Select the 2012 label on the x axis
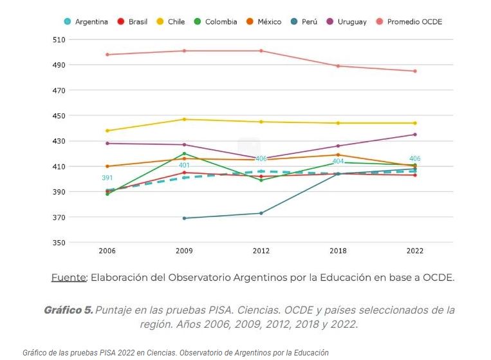[261, 251]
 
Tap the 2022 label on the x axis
[414, 251]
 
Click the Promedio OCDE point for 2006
[107, 55]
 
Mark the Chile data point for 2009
[184, 119]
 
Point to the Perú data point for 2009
[184, 218]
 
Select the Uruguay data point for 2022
[414, 135]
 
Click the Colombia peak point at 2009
[184, 153]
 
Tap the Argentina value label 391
[107, 178]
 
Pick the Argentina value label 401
[184, 166]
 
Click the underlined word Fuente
[68, 278]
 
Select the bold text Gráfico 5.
[68, 310]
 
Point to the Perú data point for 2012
[261, 213]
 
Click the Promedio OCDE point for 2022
[414, 71]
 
